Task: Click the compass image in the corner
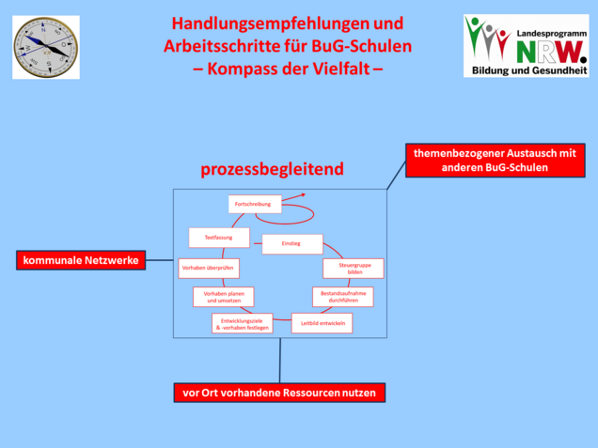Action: (45, 46)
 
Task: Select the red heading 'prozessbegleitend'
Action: (272, 170)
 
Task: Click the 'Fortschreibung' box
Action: (255, 204)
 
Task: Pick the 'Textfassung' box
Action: (219, 238)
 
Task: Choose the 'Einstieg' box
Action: (291, 244)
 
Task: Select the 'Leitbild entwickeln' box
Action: (323, 323)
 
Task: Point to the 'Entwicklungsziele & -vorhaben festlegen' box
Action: (243, 324)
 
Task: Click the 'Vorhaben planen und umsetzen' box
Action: (224, 297)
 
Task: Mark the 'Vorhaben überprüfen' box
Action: (209, 269)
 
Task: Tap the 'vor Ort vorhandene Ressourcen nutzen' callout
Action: (280, 392)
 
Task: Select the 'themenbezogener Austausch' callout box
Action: (495, 159)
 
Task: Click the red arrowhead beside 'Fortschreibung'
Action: (301, 196)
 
